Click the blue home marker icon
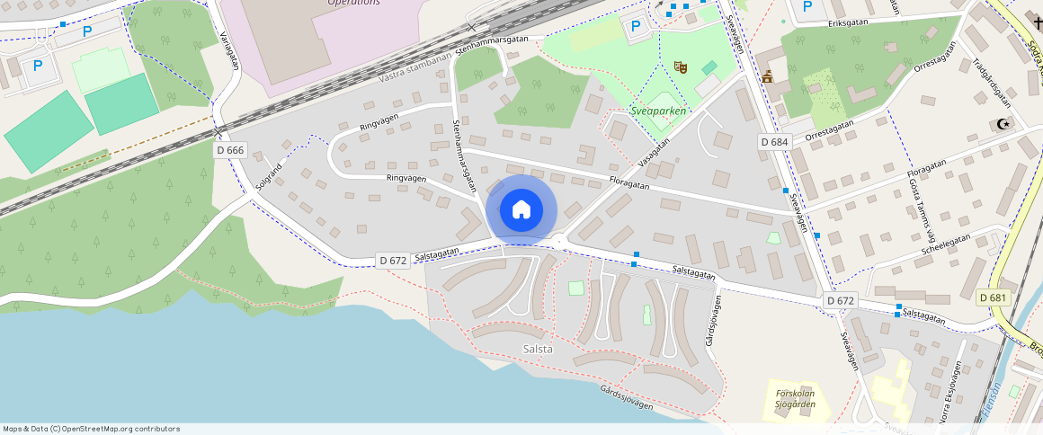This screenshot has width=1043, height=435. (521, 210)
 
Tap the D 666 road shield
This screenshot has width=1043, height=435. (230, 150)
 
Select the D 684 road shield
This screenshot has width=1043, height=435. (773, 142)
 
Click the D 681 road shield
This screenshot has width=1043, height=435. (993, 297)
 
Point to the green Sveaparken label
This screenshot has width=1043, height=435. (658, 111)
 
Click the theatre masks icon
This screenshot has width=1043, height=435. (681, 67)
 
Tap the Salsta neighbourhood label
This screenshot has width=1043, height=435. (538, 348)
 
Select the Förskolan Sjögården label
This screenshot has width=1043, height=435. (795, 398)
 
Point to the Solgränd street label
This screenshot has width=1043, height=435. (269, 175)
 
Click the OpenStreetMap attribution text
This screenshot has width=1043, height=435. (92, 429)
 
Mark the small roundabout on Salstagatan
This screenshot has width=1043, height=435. (559, 240)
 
